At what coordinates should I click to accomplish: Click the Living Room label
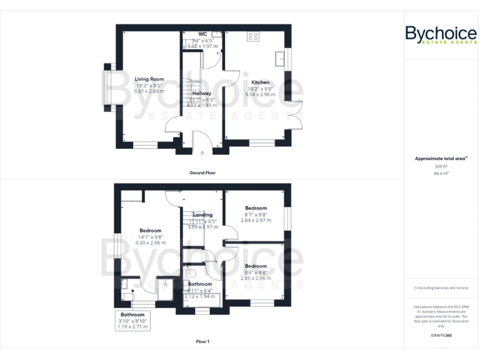coord(149,79)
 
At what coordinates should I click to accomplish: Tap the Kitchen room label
coord(260,82)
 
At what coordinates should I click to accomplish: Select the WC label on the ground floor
coord(203,34)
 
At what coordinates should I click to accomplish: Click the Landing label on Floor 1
coord(202,215)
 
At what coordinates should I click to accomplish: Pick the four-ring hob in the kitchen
coord(253,36)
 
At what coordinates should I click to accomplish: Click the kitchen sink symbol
coord(281,57)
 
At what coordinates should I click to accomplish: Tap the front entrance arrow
coord(202,152)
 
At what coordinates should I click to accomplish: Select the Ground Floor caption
coord(202,172)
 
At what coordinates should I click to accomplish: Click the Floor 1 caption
coord(202,342)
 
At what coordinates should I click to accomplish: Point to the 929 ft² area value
coord(441,167)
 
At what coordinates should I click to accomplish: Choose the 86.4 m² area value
coord(441,174)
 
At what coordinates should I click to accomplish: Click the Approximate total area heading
coord(441,159)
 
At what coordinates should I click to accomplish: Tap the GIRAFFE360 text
coord(441,336)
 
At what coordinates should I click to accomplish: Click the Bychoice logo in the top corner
coord(441,34)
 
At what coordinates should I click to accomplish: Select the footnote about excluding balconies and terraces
coord(441,288)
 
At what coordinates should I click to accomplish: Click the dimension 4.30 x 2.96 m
coord(150,242)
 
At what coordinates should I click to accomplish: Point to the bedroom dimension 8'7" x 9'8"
coord(256,214)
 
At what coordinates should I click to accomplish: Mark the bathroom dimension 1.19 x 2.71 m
coord(132,326)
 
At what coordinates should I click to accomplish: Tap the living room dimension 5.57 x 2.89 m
coord(149,91)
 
